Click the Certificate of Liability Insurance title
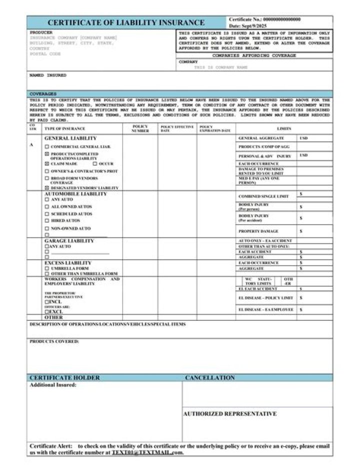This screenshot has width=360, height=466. pos(126,23)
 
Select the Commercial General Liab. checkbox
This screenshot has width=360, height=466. pos(47,147)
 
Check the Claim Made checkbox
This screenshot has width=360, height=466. pos(47,164)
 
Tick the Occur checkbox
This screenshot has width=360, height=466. pos(94,164)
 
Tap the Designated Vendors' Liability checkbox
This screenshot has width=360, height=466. pos(47,188)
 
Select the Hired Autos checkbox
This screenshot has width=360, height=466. pos(47,221)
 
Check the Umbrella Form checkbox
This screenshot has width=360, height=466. pos(47,269)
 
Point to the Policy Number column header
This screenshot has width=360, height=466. pos(140,129)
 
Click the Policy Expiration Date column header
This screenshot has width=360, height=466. pos(215,129)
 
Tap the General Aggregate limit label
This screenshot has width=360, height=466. pos(261,138)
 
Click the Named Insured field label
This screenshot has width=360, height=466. pos(48,76)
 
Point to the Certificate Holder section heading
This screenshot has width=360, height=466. pos(64,377)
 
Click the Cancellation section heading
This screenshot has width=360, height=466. pos(209,377)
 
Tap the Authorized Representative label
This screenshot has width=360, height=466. pos(229,414)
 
